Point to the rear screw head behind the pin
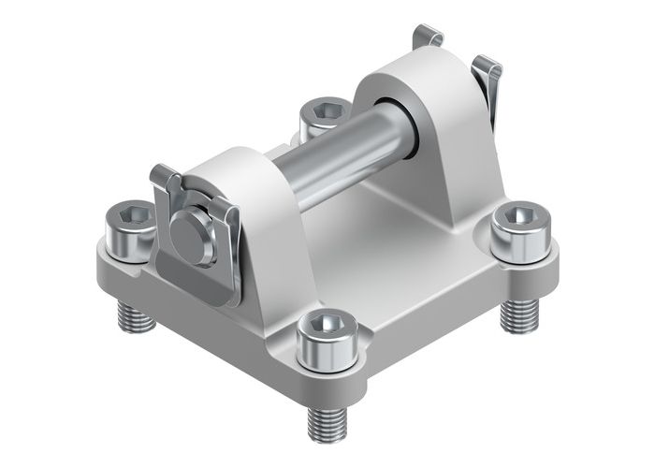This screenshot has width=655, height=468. (323, 117)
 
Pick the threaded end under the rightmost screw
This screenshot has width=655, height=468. (517, 314)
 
